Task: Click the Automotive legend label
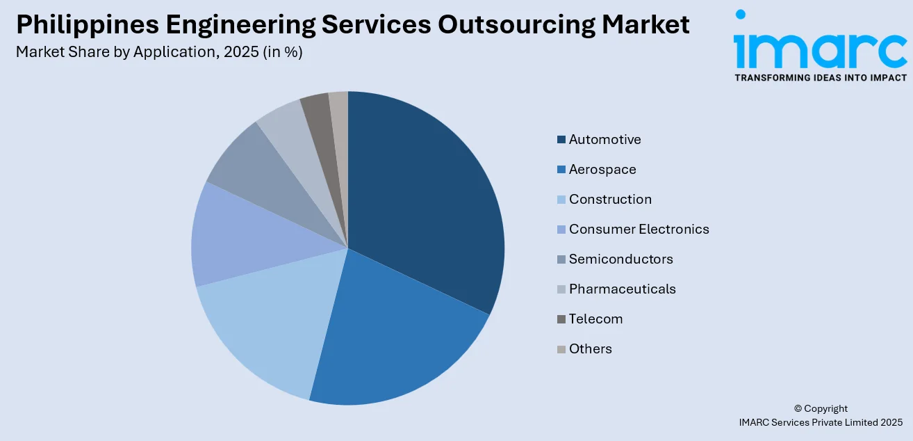point(604,140)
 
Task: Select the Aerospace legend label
point(602,170)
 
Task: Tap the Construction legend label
point(610,200)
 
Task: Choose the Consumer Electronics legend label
point(639,230)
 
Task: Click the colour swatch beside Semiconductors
point(561,259)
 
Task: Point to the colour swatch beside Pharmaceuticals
point(561,289)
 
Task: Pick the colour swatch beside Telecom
point(561,319)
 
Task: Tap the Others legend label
point(590,349)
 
